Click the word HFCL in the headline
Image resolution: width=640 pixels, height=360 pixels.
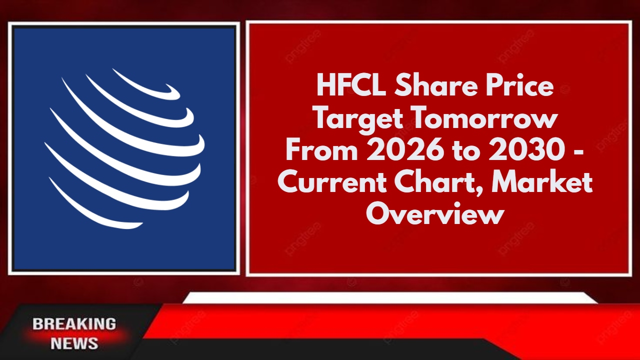pos(351,85)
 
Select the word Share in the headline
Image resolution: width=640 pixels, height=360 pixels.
pos(437,85)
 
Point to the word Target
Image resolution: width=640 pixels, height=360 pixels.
pos(359,119)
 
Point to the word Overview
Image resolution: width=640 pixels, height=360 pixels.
pos(434,213)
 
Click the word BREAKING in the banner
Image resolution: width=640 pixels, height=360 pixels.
pos(74,324)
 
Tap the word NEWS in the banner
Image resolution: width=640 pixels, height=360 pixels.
pos(74,343)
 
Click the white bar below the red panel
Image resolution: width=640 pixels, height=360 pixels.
pos(390,297)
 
